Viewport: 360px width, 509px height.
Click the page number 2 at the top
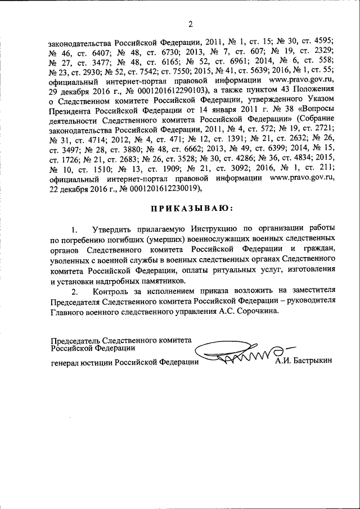coord(190,24)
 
